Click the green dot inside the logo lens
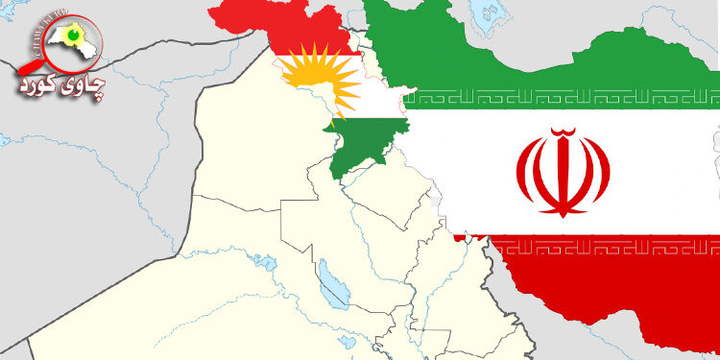pyautogui.click(x=69, y=36)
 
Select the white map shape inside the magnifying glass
pyautogui.click(x=62, y=43)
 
